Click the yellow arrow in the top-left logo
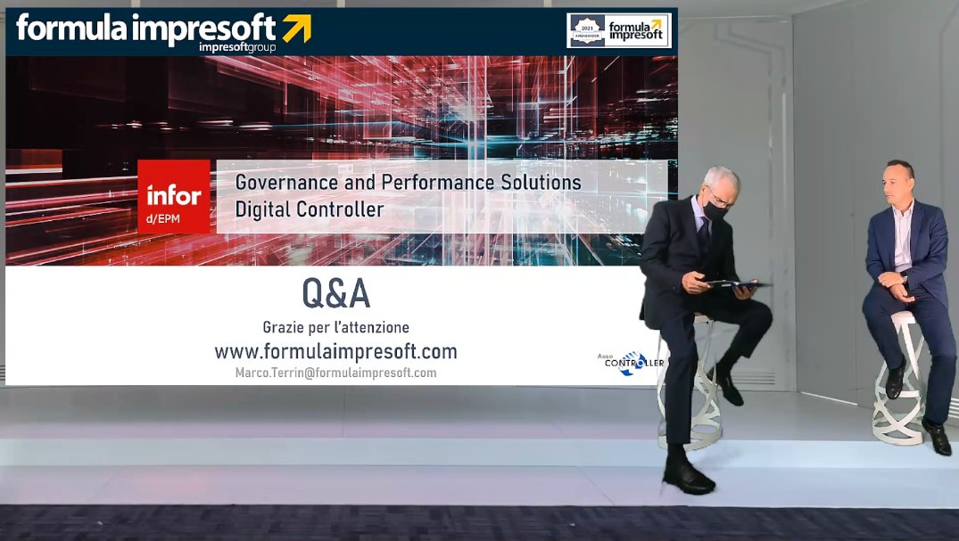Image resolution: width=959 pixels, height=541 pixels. point(296,29)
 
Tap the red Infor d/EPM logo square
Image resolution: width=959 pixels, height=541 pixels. point(174,196)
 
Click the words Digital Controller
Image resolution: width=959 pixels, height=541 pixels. point(309,210)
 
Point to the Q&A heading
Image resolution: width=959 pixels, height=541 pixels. point(335,293)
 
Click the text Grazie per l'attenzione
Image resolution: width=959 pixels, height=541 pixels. point(335,327)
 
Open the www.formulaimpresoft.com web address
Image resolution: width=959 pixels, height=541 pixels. point(335,350)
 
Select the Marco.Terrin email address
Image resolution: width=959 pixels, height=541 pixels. point(335,373)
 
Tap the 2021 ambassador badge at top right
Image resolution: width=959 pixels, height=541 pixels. point(587,30)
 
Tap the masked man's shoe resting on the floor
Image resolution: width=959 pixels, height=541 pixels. point(688,476)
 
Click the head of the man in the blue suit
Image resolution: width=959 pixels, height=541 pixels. point(898,182)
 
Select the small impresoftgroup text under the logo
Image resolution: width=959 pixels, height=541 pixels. point(237,46)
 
